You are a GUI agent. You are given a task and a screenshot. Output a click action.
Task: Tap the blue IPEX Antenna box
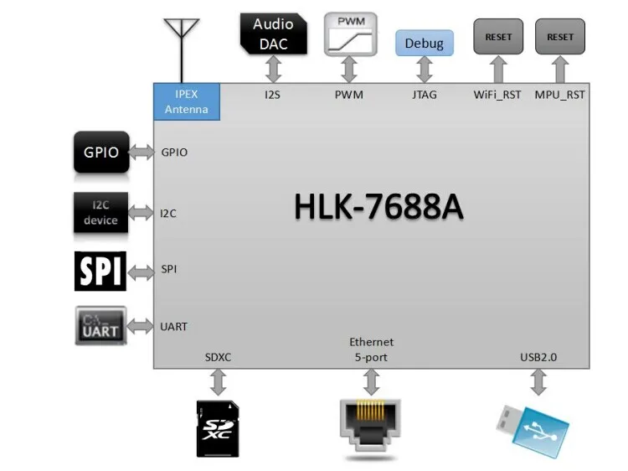point(186,101)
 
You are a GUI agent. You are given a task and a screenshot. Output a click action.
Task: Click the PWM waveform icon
point(350,34)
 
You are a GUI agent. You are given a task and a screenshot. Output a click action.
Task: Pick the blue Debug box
point(425,44)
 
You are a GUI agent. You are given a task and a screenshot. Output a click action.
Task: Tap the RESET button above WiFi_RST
point(498,37)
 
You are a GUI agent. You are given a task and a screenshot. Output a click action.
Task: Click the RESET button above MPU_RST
point(559,37)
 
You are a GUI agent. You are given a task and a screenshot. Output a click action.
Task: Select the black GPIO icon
point(101,153)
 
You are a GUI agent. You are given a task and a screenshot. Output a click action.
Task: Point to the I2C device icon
point(100,213)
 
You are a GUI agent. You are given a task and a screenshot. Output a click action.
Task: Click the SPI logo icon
point(100,270)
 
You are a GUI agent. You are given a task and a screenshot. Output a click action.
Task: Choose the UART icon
point(100,326)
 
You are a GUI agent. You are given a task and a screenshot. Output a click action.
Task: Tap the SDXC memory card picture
point(218,427)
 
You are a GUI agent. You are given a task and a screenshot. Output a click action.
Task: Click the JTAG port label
point(425,95)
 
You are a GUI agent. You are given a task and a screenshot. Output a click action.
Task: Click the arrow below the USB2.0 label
point(538,382)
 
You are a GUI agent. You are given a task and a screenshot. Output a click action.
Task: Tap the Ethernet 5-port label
point(371,349)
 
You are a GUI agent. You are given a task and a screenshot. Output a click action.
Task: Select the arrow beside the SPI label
point(142,270)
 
